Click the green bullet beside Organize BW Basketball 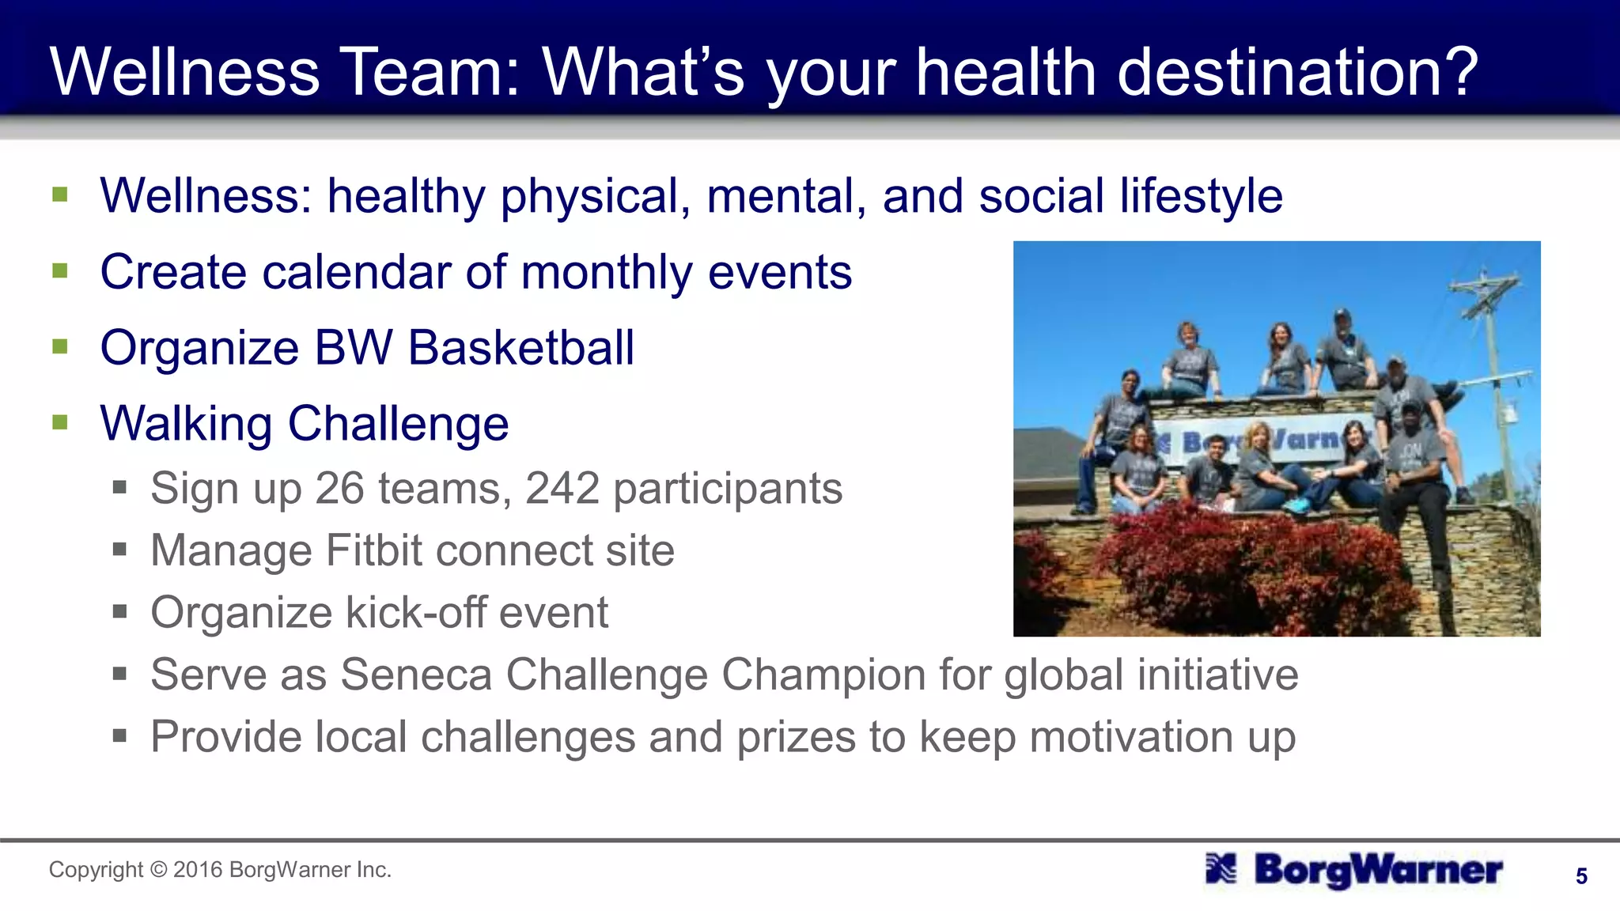pyautogui.click(x=60, y=346)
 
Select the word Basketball pyautogui.click(x=521, y=348)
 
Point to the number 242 pyautogui.click(x=562, y=488)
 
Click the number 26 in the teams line pyautogui.click(x=339, y=488)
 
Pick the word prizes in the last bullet pyautogui.click(x=796, y=737)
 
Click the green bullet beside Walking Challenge pyautogui.click(x=60, y=422)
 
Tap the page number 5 pyautogui.click(x=1581, y=876)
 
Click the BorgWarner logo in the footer pyautogui.click(x=1353, y=870)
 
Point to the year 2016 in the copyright pyautogui.click(x=198, y=870)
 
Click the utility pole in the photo pyautogui.click(x=1492, y=356)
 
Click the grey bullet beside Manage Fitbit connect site pyautogui.click(x=119, y=549)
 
